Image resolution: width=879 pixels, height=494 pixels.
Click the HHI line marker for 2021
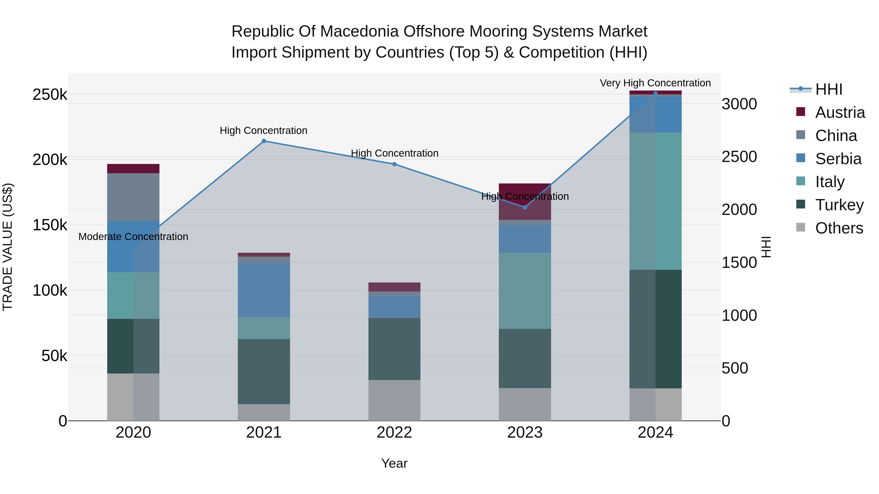(x=264, y=141)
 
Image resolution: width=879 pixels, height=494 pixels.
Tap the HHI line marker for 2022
(x=395, y=164)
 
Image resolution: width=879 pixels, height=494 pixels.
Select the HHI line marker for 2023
(x=525, y=207)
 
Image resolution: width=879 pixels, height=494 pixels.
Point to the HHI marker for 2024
(x=655, y=93)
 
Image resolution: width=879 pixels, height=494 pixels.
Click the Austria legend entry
(x=839, y=112)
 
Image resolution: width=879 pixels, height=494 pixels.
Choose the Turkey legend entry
(x=839, y=205)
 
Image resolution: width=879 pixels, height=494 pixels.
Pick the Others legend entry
(x=839, y=228)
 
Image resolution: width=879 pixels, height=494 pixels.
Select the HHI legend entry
(x=828, y=89)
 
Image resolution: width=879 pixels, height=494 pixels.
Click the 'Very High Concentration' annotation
(x=655, y=83)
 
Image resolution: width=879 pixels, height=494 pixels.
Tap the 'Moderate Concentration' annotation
(x=133, y=237)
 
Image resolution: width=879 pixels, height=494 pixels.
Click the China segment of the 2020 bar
(x=133, y=197)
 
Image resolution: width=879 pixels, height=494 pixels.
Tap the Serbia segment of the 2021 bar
(x=264, y=290)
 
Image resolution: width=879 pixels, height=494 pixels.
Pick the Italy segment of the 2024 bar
(x=655, y=201)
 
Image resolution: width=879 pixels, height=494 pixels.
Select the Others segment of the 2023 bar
(x=525, y=404)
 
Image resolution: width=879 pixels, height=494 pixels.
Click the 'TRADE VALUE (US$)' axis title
(x=8, y=247)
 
